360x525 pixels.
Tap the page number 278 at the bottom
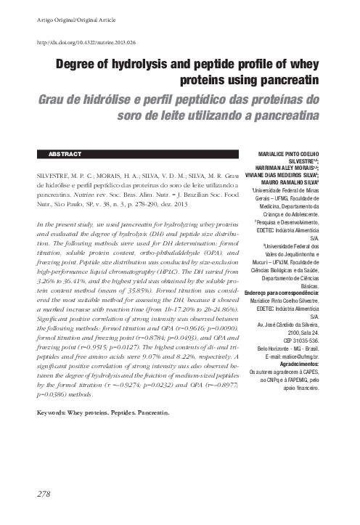coord(43,494)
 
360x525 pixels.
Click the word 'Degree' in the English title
coord(78,64)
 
